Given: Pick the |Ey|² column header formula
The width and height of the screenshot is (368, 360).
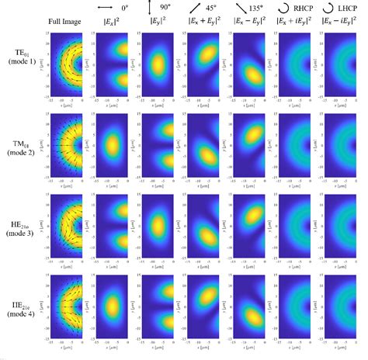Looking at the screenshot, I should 154,22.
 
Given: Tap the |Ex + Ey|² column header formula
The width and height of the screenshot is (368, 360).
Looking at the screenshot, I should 202,22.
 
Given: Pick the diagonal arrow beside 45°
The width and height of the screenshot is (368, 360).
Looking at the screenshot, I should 192,9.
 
